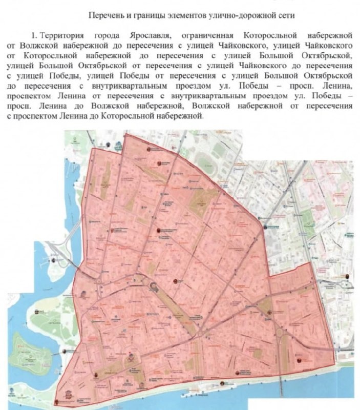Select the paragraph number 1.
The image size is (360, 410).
(x=34, y=35)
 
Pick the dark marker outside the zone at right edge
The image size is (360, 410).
(x=348, y=276)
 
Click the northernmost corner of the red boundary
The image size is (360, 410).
(x=125, y=134)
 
